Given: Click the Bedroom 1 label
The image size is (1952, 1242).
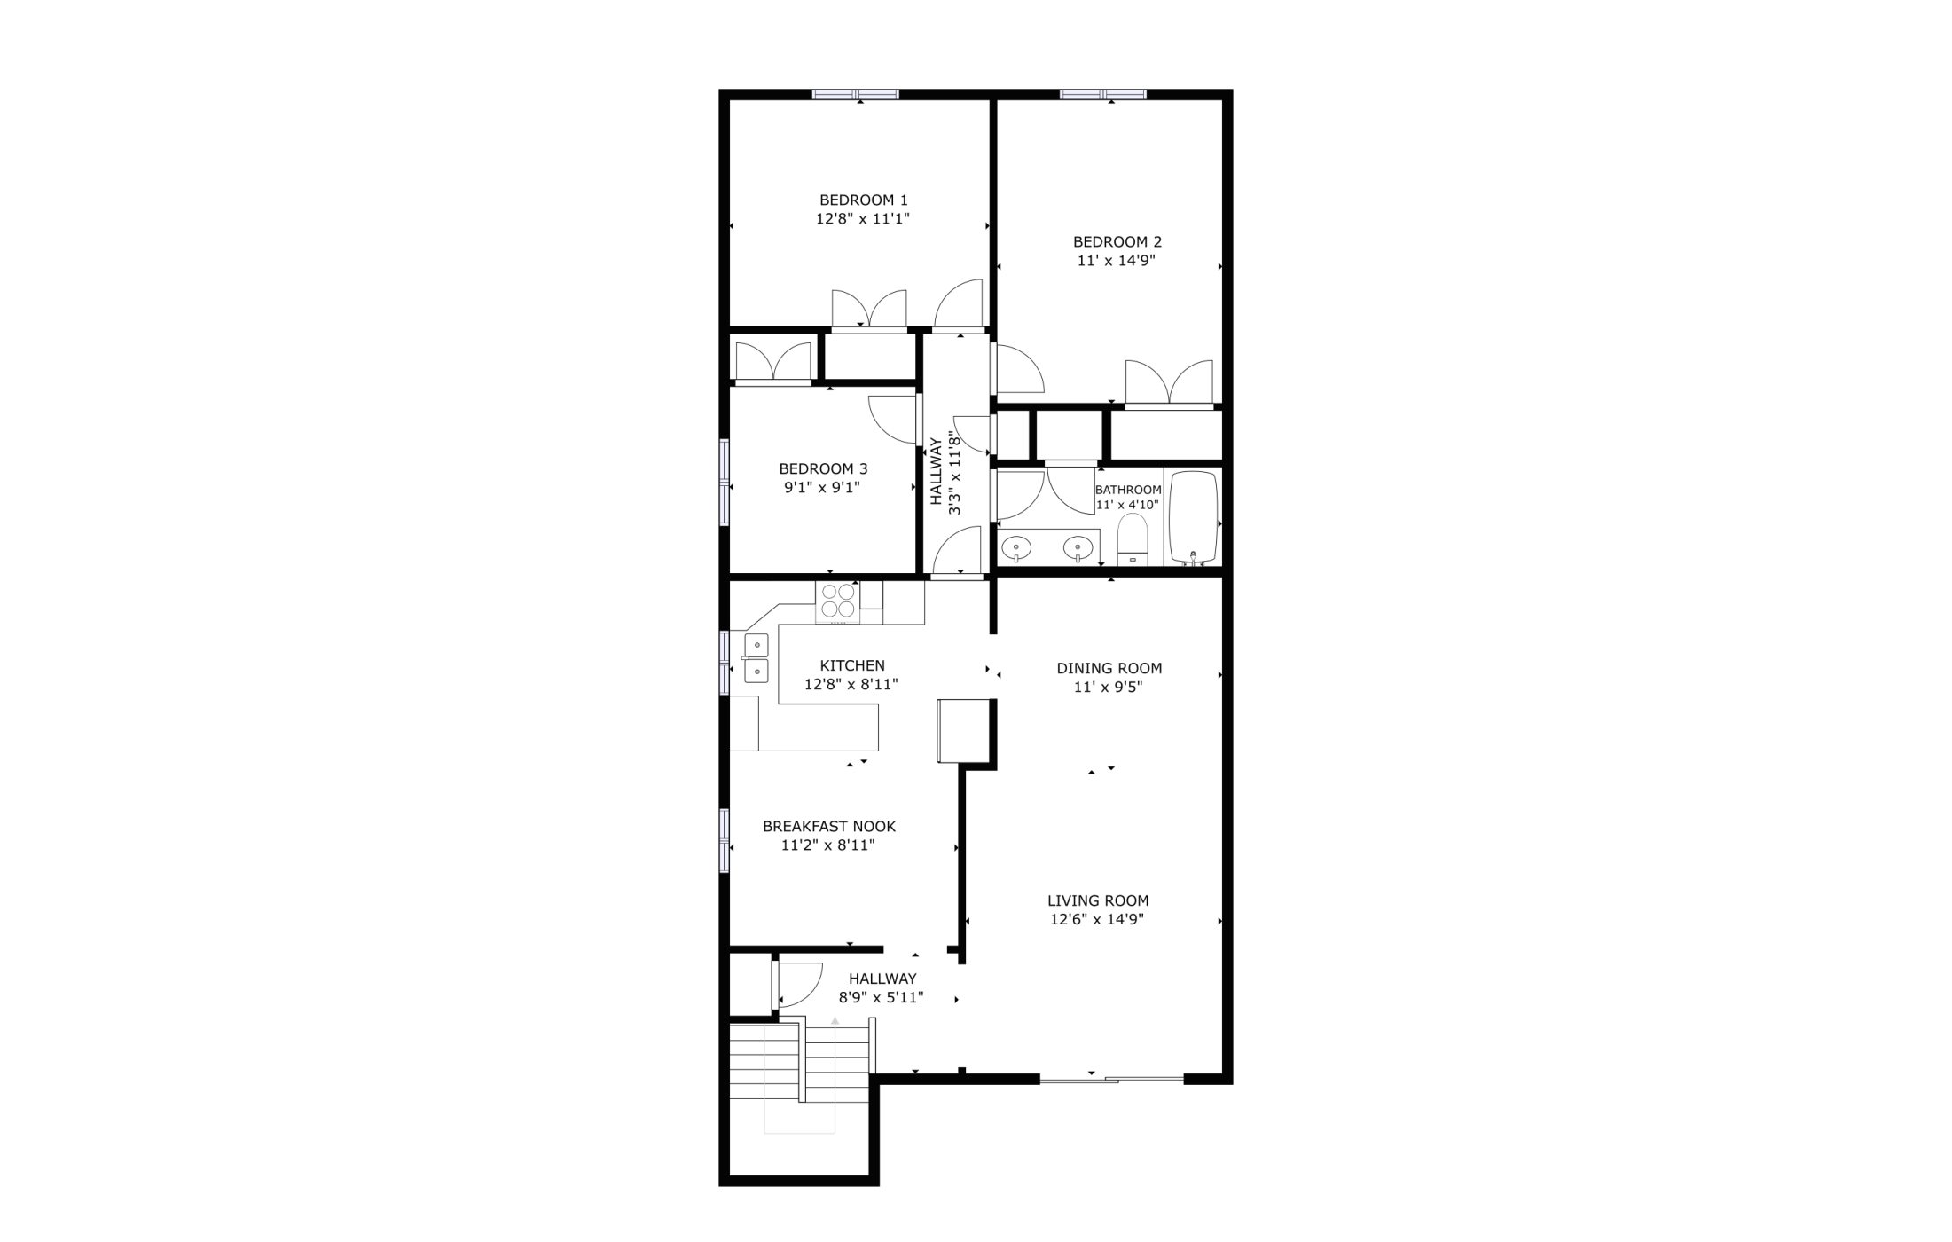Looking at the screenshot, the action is point(863,200).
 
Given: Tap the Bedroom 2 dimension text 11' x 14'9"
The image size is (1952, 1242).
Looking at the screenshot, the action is point(1117,261).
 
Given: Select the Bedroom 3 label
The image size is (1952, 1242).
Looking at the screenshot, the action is point(823,469).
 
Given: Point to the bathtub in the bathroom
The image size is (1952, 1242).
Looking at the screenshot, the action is point(1193,517).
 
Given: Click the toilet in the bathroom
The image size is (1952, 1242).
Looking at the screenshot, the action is point(1133,539).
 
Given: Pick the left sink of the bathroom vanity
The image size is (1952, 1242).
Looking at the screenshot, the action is point(1015,548).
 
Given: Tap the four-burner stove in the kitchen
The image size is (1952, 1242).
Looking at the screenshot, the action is point(837,601).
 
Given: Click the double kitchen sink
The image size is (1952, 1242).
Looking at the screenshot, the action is point(756,658).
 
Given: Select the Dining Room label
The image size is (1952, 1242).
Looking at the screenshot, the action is point(1109,668).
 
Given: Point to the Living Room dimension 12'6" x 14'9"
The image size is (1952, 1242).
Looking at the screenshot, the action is point(1097,919).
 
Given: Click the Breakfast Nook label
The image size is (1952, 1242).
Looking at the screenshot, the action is point(829,827).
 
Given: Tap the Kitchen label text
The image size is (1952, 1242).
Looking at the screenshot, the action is point(852,665).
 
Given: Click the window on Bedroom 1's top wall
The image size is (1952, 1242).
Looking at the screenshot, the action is point(856,94).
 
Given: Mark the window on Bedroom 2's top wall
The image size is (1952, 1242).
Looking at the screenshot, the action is point(1102,94).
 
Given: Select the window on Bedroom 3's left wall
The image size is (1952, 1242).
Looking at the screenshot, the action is point(724,483).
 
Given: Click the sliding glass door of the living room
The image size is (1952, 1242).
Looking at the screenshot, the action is point(1111,1079).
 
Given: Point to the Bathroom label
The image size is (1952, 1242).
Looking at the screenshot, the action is point(1128,490).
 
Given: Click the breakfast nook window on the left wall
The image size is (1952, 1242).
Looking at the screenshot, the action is point(724,841).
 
